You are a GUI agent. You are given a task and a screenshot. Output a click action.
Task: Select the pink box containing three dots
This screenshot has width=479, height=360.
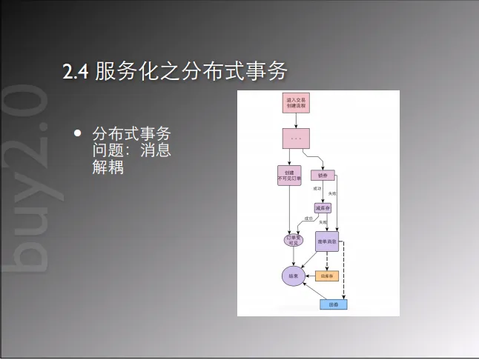(x=296, y=138)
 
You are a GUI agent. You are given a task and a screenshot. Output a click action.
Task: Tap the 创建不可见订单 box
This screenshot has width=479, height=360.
(x=289, y=176)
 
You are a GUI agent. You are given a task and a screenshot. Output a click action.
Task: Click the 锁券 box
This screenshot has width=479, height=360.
(x=323, y=176)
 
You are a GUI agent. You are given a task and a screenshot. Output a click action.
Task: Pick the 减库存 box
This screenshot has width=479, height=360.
(x=322, y=208)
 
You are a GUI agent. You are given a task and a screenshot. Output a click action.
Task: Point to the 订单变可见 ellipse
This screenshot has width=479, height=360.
(x=294, y=240)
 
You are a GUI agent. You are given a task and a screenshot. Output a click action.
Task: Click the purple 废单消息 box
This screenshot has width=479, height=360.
(x=327, y=241)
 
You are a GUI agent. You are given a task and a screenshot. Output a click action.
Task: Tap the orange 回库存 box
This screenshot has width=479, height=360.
(x=327, y=276)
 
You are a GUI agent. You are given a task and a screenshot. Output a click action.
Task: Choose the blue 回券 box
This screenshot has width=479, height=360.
(x=333, y=304)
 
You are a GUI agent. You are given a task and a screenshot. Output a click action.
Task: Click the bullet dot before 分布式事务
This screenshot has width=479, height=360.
(x=78, y=133)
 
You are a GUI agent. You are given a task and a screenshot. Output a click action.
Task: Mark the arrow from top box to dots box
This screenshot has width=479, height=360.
(x=297, y=120)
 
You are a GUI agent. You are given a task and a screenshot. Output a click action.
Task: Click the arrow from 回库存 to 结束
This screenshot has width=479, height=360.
(x=310, y=276)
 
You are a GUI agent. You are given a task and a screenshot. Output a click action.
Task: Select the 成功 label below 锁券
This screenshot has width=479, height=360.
(x=317, y=189)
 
